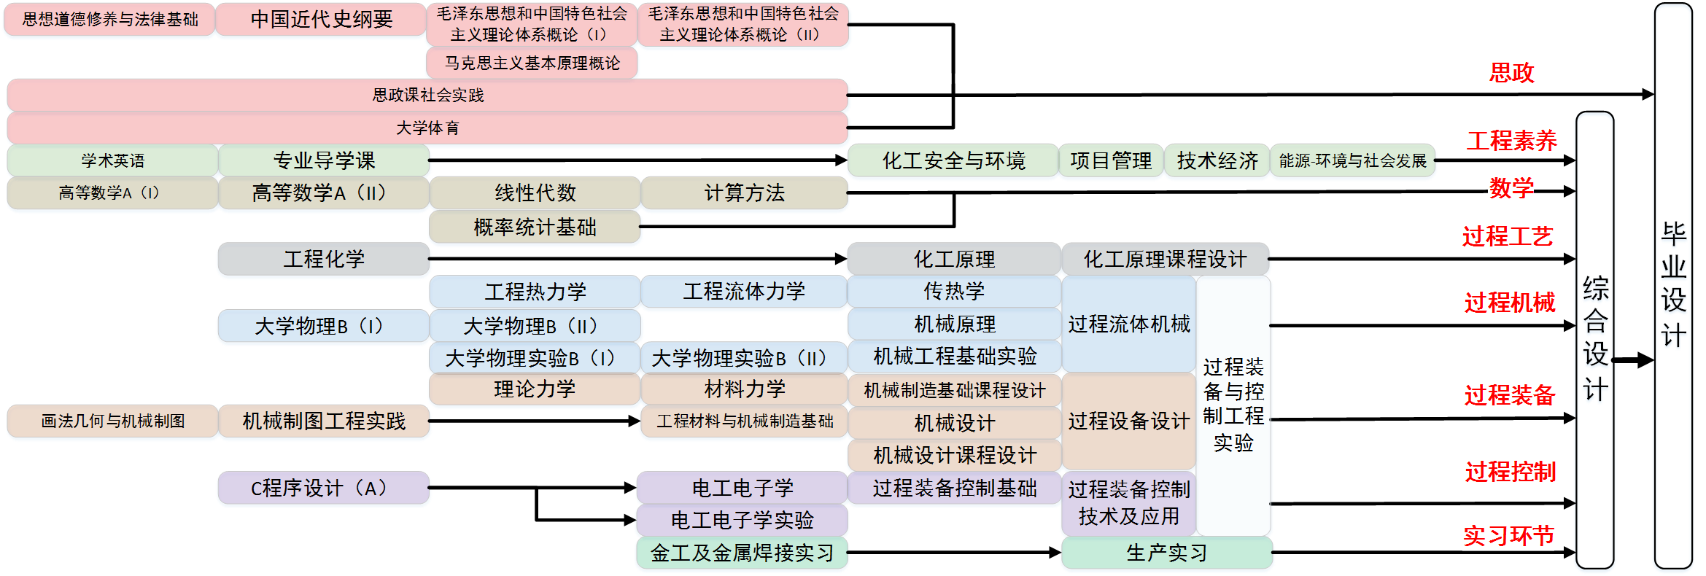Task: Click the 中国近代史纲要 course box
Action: point(321,19)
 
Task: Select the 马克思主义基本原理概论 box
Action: point(532,63)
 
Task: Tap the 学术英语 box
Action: point(112,160)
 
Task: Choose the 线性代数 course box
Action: point(535,192)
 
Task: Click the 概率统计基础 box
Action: point(535,227)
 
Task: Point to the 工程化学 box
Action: point(323,259)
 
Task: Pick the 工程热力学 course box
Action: point(535,292)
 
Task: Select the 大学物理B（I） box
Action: point(323,326)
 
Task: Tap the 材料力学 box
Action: point(744,389)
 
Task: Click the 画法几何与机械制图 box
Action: point(112,421)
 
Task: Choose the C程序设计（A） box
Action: point(323,488)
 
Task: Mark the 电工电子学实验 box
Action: point(742,520)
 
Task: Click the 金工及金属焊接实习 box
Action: point(742,553)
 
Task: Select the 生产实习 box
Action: point(1166,553)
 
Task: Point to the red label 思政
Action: point(1511,73)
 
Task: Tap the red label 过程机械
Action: point(1509,303)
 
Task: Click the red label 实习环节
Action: point(1508,536)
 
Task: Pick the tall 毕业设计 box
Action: point(1673,285)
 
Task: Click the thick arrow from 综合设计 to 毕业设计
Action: point(1634,360)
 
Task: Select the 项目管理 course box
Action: point(1110,160)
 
